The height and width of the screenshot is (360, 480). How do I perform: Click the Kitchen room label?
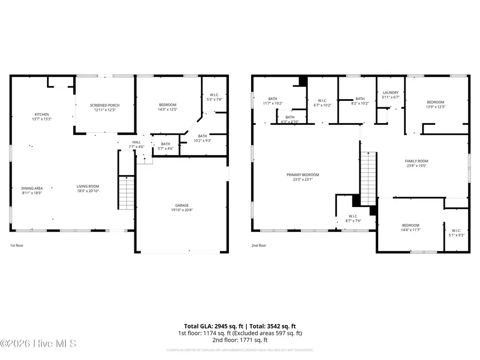click(42, 115)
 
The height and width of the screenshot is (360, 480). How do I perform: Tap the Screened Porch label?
click(105, 105)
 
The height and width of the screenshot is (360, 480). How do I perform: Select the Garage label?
click(182, 205)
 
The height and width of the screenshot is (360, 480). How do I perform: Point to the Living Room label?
click(88, 186)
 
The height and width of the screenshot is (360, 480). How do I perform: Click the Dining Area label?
click(32, 188)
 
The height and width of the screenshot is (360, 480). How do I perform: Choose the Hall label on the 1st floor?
click(137, 142)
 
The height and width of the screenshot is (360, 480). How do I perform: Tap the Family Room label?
click(417, 161)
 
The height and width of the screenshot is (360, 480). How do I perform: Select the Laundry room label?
click(390, 93)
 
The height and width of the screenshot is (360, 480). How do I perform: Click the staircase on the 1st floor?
click(126, 195)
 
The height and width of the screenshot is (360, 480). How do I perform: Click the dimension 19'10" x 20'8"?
click(182, 211)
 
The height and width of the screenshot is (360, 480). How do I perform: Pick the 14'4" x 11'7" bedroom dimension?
click(411, 230)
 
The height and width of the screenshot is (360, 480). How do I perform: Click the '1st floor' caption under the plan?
click(17, 246)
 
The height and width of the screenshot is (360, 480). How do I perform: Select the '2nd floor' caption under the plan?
click(259, 246)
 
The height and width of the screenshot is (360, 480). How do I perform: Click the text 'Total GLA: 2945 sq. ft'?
click(212, 326)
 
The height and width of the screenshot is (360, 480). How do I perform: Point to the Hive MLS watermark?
click(38, 343)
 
